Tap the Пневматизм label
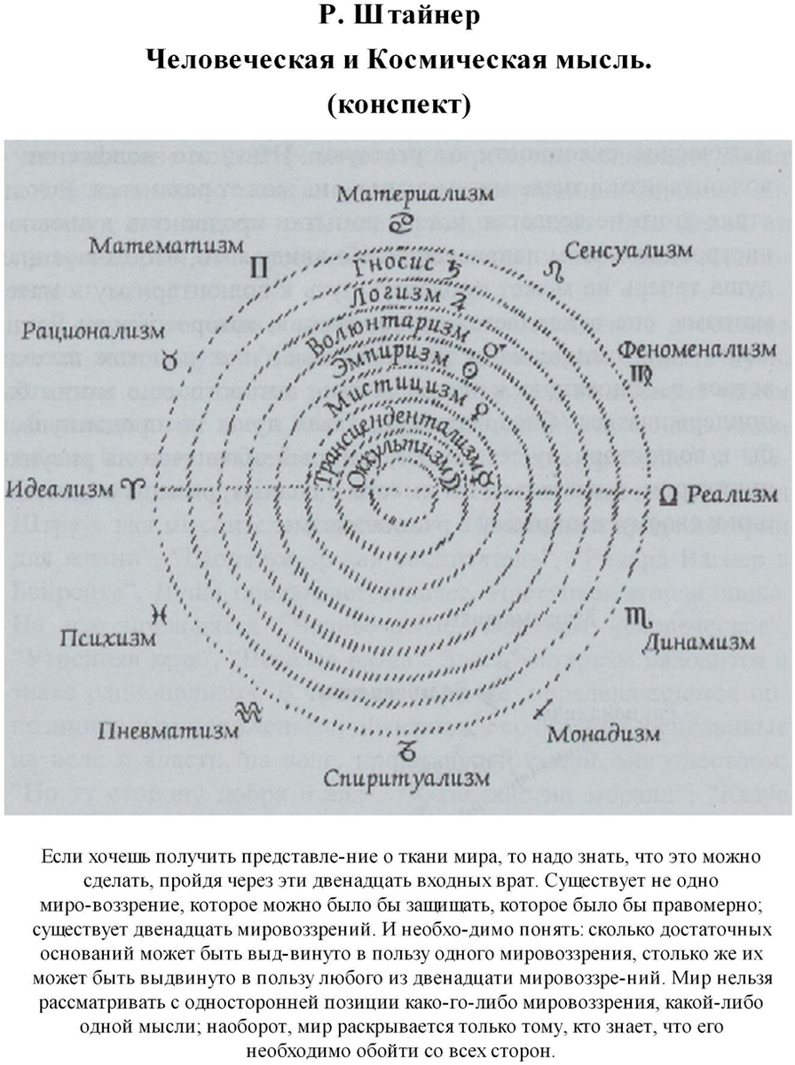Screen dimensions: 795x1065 (169, 731)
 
